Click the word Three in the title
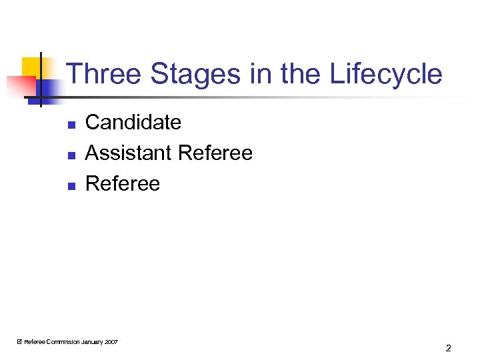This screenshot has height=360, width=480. pos(105,74)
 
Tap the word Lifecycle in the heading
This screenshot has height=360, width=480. pos(386,74)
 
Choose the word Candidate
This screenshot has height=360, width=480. pos(133,123)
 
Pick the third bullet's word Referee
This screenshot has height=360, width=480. pos(123,184)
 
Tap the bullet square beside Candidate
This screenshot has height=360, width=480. pos(71,124)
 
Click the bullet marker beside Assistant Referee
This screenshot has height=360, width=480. pos(71,155)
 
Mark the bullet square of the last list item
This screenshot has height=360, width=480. pos(71,185)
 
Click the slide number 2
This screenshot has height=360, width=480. pos(449,348)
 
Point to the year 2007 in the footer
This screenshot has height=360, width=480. pos(111,342)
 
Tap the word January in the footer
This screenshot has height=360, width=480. pos(91,342)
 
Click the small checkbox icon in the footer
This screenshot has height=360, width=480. pos(19,342)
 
